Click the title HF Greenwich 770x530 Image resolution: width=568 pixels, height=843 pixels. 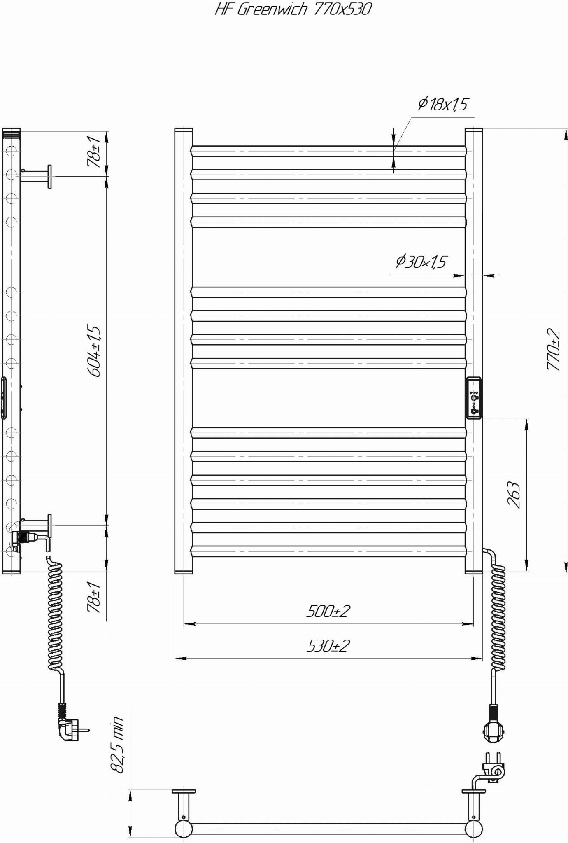tap(293, 9)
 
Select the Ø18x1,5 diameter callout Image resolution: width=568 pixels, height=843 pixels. tap(443, 104)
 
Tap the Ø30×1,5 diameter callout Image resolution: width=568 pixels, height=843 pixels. tap(421, 262)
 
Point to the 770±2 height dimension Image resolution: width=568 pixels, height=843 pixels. tap(554, 349)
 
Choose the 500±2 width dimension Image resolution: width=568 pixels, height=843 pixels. tap(328, 611)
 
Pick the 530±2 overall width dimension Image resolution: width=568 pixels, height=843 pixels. tap(328, 646)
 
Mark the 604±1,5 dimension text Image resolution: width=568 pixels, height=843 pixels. tap(94, 351)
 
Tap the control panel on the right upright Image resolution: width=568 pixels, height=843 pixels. tap(473, 398)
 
